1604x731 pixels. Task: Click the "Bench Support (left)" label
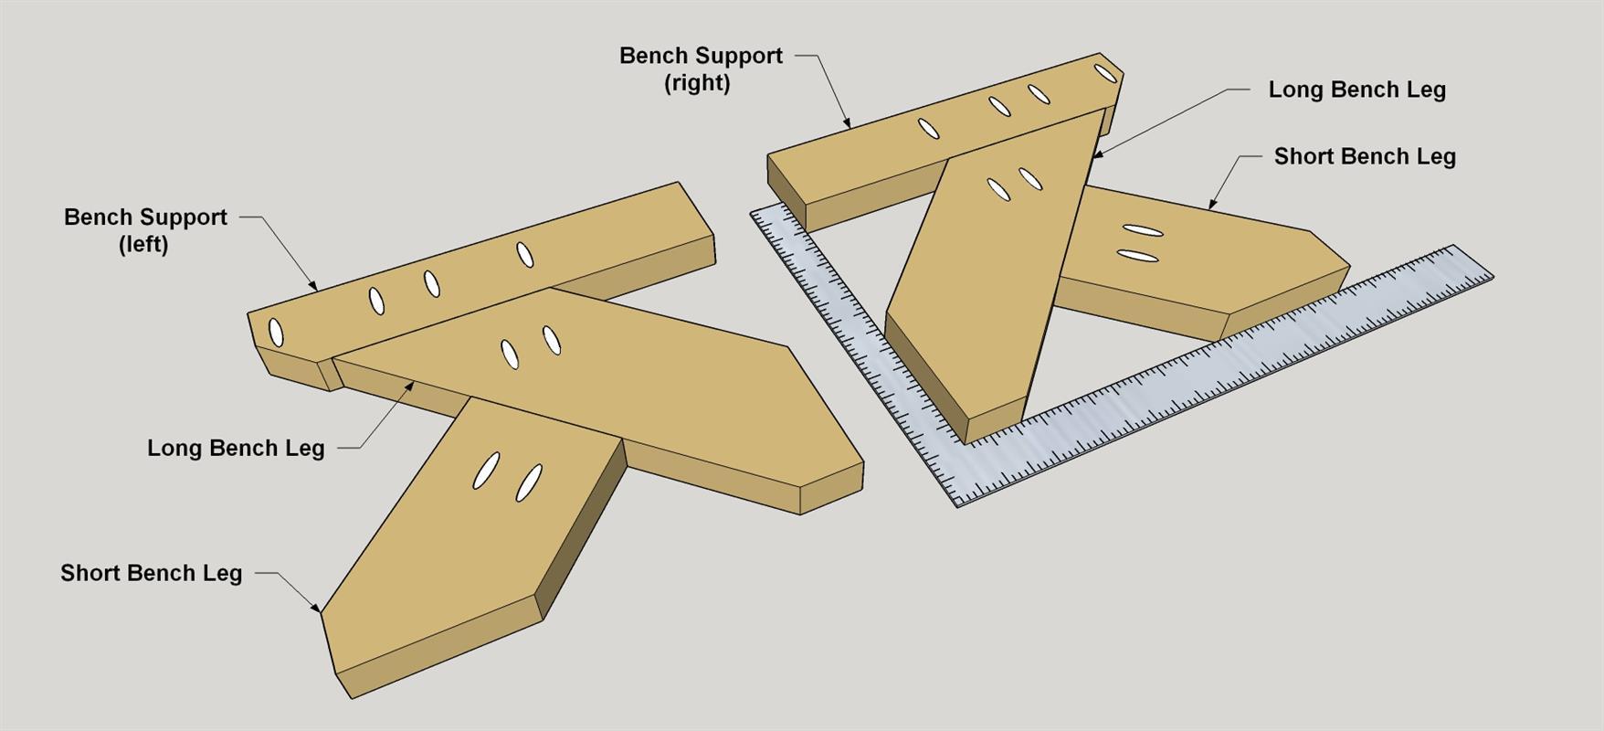tap(145, 230)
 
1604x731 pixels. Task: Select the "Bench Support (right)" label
tap(701, 69)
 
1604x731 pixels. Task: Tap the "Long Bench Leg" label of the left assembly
tap(236, 448)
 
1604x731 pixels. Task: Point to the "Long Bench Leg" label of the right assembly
tap(1356, 90)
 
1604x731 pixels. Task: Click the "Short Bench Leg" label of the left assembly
tap(151, 573)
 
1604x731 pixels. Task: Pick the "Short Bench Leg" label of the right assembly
tap(1365, 156)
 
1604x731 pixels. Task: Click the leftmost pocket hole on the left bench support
tap(276, 333)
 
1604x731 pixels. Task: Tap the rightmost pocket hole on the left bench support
tap(524, 254)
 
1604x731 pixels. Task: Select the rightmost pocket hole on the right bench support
tap(1106, 73)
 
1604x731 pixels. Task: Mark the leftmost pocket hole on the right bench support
tap(928, 129)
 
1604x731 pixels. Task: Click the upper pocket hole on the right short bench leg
tap(1142, 230)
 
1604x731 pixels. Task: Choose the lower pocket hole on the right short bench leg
tap(1138, 256)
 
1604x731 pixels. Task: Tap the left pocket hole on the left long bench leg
tap(509, 354)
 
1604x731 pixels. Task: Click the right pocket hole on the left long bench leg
tap(551, 340)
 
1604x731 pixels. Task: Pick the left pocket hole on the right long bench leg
tap(998, 190)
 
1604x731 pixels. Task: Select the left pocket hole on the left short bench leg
tap(487, 470)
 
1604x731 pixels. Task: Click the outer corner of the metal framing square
tap(957, 505)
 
